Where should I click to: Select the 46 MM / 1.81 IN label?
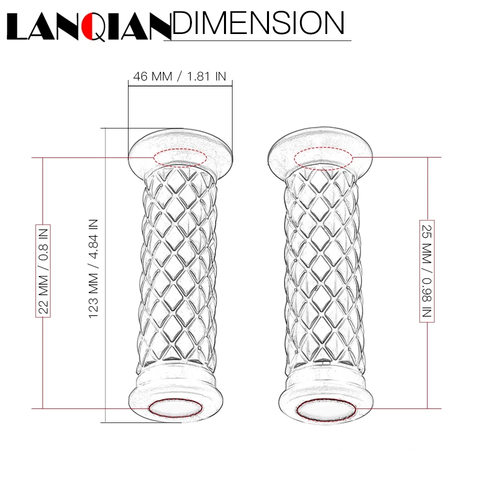click(179, 76)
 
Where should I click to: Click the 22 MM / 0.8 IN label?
click(43, 269)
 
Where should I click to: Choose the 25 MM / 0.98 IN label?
click(426, 270)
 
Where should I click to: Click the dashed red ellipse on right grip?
click(323, 158)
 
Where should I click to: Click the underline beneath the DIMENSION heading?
click(257, 40)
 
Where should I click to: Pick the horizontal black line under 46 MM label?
click(180, 85)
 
